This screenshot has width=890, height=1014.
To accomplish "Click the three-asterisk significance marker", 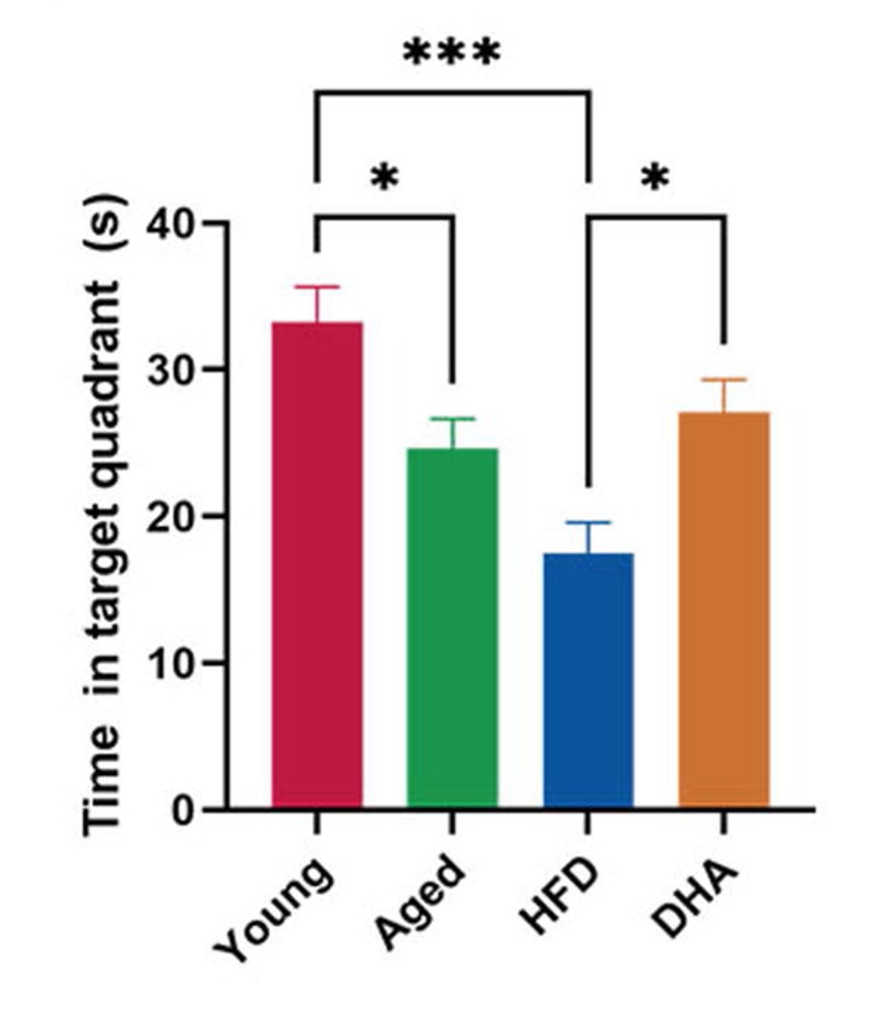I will click(x=452, y=53).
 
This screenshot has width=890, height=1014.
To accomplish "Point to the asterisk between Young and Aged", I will click(x=384, y=179).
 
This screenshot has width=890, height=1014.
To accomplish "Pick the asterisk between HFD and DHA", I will click(x=655, y=179).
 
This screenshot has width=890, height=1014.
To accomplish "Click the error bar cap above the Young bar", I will click(x=317, y=287).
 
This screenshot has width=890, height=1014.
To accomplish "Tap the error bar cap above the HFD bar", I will click(x=588, y=522).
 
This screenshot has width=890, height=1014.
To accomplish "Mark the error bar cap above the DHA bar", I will click(x=723, y=379).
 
